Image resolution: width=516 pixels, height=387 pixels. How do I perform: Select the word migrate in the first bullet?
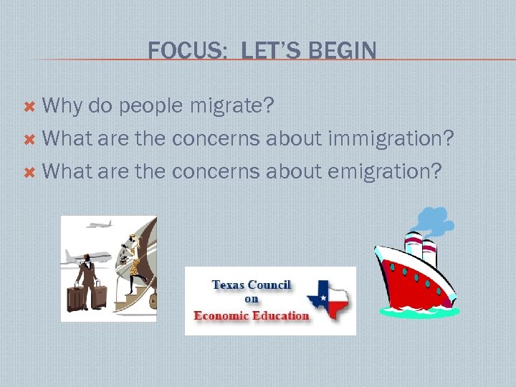231,106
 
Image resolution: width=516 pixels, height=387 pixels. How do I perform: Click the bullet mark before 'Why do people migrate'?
29,106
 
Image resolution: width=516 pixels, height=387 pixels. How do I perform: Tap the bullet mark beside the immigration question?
29,139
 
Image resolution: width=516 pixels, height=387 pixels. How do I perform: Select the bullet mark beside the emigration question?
29,172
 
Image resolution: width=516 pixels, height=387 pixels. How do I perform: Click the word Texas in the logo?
229,285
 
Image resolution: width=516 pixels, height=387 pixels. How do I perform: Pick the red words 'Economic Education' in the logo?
252,315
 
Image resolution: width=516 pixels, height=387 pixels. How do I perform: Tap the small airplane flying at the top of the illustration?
100,225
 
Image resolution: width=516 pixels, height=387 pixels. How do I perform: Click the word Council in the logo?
269,285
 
